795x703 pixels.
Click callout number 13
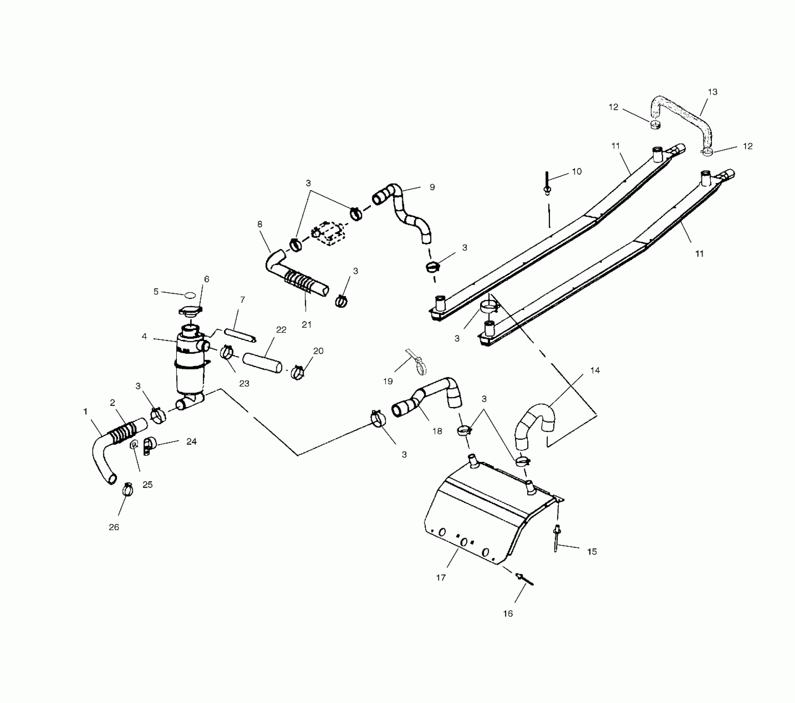[712, 92]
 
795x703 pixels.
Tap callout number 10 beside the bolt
[576, 171]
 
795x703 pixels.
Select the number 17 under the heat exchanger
[441, 577]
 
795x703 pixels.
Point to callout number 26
[114, 527]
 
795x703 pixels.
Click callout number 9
[432, 187]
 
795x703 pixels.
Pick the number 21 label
[306, 325]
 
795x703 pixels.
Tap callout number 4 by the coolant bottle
[144, 337]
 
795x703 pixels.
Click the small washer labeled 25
[134, 445]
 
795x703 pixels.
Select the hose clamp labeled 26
[128, 490]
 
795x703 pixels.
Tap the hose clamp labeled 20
[298, 372]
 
